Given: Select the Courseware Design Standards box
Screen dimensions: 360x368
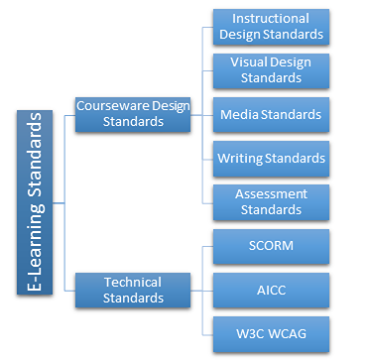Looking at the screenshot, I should pos(132,114).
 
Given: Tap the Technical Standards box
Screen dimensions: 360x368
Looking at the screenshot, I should pos(132,289).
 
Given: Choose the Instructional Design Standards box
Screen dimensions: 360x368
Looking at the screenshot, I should pos(270,27).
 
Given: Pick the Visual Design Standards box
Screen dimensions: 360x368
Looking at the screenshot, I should pos(270,69).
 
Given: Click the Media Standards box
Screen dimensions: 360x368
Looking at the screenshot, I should pos(270,114).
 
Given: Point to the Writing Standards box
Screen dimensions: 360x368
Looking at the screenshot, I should pos(270,158).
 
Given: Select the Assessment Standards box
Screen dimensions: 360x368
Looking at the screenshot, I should pos(270,201).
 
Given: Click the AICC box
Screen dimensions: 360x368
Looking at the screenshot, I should pos(270,289).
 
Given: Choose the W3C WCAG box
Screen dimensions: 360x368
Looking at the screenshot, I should pos(270,331).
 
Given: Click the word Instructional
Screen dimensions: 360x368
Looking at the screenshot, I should pos(270,19).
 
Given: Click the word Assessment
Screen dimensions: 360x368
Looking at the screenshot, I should pos(270,193).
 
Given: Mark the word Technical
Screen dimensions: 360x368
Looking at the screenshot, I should pos(132,281).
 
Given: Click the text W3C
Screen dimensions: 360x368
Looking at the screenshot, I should pos(247,331).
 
